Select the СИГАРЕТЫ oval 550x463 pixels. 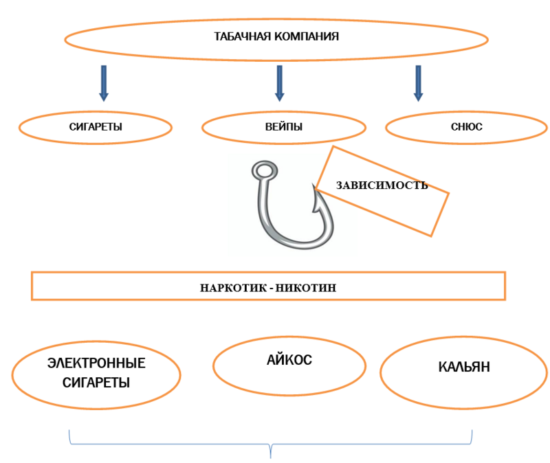click(x=95, y=127)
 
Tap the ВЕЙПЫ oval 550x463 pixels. click(x=283, y=127)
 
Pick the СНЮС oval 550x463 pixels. click(x=467, y=127)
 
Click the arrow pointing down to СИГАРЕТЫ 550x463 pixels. click(x=104, y=82)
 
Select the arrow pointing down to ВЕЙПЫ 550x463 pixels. click(x=279, y=82)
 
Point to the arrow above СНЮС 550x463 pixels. click(x=417, y=82)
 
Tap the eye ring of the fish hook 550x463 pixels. click(x=263, y=170)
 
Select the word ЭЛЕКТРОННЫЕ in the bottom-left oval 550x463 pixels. click(x=97, y=363)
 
